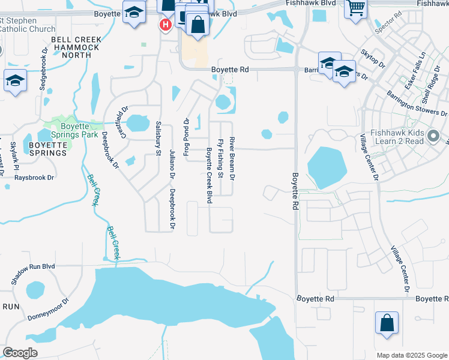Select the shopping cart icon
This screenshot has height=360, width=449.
[x=356, y=8]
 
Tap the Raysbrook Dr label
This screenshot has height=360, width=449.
[x=35, y=178]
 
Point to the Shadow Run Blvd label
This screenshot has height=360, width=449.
[x=34, y=274]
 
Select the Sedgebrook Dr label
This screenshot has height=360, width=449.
[x=43, y=68]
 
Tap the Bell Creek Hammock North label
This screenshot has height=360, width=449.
[x=76, y=47]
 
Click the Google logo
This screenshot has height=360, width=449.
[x=20, y=353]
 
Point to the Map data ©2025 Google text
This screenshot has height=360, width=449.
[x=412, y=355]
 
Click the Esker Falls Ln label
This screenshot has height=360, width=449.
[x=415, y=70]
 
